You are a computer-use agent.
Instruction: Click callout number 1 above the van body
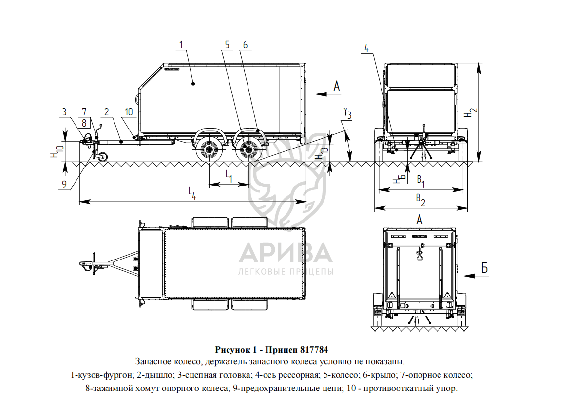pos(181,45)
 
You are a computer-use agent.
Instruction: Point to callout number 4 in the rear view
pos(366,48)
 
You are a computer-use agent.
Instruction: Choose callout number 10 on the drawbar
pos(128,112)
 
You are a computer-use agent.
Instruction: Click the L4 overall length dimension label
pos(193,193)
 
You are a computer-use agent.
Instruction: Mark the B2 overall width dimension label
pos(420,198)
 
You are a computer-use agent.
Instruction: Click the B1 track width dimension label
pos(420,181)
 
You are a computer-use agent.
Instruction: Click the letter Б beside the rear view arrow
pos(484,268)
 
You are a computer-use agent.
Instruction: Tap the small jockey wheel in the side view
pos(102,157)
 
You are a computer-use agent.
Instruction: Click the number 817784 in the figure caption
pos(314,350)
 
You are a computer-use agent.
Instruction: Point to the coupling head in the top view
pos(84,265)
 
